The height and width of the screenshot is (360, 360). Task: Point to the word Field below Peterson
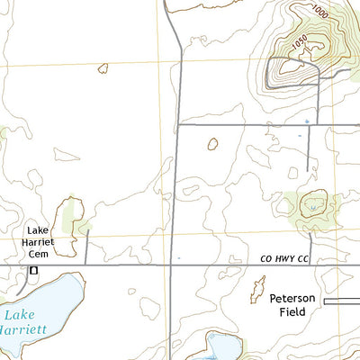292,311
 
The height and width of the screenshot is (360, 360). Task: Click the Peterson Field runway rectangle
341,300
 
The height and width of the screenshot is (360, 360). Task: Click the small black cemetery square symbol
34,270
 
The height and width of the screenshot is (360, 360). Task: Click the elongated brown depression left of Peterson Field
258,291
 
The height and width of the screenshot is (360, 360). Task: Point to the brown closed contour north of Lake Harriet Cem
67,217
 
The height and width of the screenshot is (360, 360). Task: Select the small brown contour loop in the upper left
103,67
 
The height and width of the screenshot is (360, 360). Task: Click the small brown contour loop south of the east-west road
213,143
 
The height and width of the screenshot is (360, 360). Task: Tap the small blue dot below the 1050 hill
306,121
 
